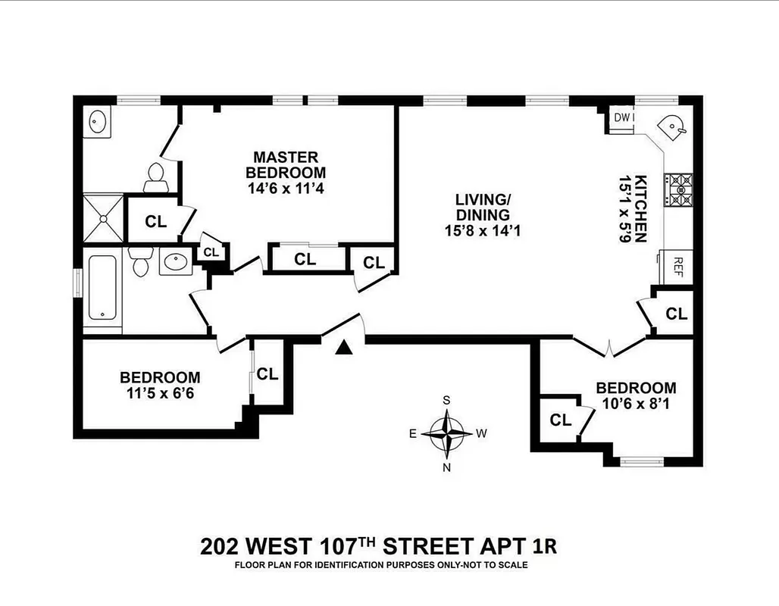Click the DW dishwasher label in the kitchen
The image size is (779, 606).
621,117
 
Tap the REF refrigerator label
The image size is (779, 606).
678,267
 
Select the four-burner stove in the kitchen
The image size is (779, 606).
677,189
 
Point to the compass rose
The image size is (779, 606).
447,434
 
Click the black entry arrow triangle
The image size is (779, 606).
345,347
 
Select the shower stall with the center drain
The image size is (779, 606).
102,217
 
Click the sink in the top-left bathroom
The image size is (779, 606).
99,121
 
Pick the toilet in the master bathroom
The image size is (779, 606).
156,176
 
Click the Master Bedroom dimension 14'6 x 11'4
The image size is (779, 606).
286,189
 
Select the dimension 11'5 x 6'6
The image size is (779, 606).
160,393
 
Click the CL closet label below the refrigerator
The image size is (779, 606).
677,313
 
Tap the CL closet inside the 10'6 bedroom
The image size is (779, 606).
560,420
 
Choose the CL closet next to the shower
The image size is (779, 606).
155,222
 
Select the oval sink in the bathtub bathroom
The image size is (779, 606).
177,262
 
